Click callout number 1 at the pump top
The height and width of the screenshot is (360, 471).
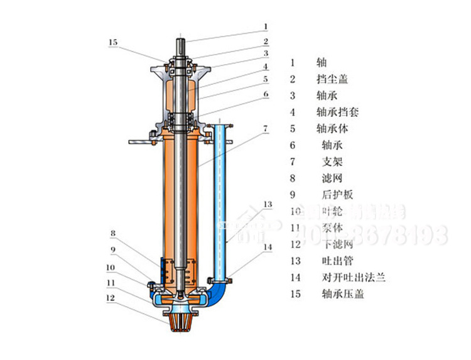tap(266, 26)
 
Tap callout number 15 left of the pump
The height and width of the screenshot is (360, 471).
tap(112, 43)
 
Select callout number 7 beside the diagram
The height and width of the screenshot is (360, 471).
tap(266, 128)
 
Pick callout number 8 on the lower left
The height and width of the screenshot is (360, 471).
tap(113, 234)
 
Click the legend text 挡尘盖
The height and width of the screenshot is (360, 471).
tap(333, 79)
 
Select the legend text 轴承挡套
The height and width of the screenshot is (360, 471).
tap(338, 112)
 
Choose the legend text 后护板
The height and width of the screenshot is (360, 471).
tap(337, 195)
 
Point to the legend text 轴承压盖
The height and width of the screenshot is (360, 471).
tap(342, 293)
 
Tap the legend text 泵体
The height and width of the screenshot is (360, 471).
tap(332, 227)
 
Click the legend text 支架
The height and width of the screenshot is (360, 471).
tap(332, 161)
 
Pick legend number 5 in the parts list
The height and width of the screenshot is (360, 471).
tap(293, 129)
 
